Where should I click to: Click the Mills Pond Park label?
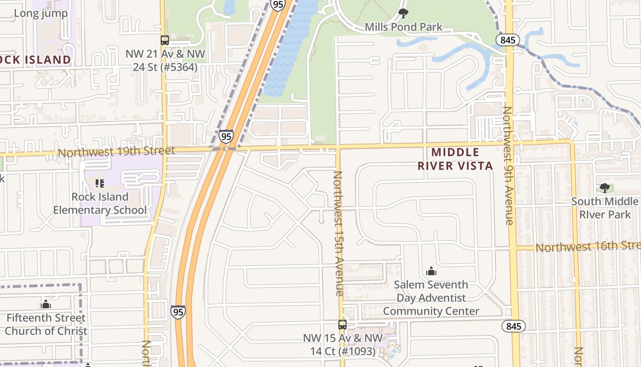(x=403, y=27)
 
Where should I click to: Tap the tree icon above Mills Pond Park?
(x=403, y=13)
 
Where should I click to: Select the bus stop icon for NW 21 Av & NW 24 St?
(x=164, y=40)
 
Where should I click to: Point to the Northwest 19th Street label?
(x=116, y=151)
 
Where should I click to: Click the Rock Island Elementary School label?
(x=100, y=204)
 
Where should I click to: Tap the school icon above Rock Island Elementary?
(x=100, y=184)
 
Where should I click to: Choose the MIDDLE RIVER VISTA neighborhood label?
(x=455, y=159)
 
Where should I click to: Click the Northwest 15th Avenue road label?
(x=338, y=233)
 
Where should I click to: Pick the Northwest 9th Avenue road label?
(x=507, y=165)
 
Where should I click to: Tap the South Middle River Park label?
(x=604, y=208)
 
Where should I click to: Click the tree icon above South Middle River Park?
(x=604, y=188)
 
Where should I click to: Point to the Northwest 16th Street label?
(x=588, y=247)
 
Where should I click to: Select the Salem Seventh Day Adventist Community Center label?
(x=431, y=298)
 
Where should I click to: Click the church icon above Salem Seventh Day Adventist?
(x=431, y=272)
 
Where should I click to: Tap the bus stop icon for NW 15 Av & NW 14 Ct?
(x=342, y=325)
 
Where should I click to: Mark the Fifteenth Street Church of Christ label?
(x=45, y=324)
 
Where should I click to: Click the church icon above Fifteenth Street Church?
(x=45, y=305)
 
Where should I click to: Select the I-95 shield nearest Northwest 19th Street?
(x=226, y=136)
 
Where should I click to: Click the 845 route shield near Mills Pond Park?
(x=507, y=40)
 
